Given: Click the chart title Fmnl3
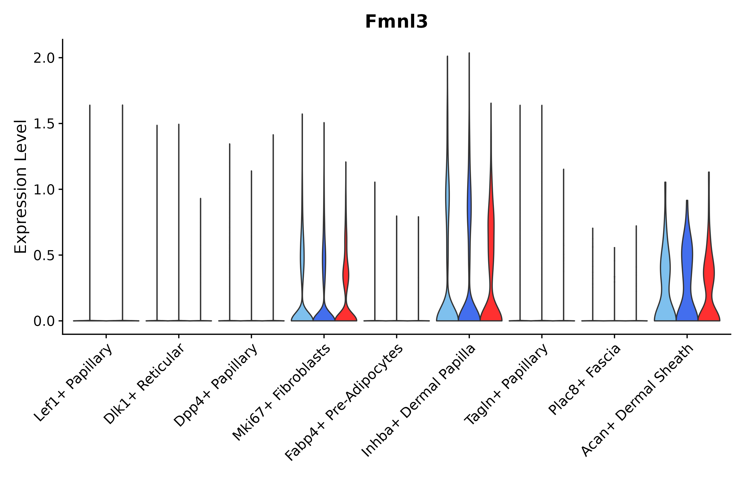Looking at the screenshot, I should (x=396, y=22).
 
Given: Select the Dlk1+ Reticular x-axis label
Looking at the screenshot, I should (x=144, y=384).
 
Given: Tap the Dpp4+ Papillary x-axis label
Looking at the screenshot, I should (x=216, y=385).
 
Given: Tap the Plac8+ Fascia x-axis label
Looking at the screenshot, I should (x=585, y=379).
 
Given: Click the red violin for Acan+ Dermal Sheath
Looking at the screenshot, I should (x=709, y=285).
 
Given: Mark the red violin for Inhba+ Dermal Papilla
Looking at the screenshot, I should (x=491, y=269).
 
